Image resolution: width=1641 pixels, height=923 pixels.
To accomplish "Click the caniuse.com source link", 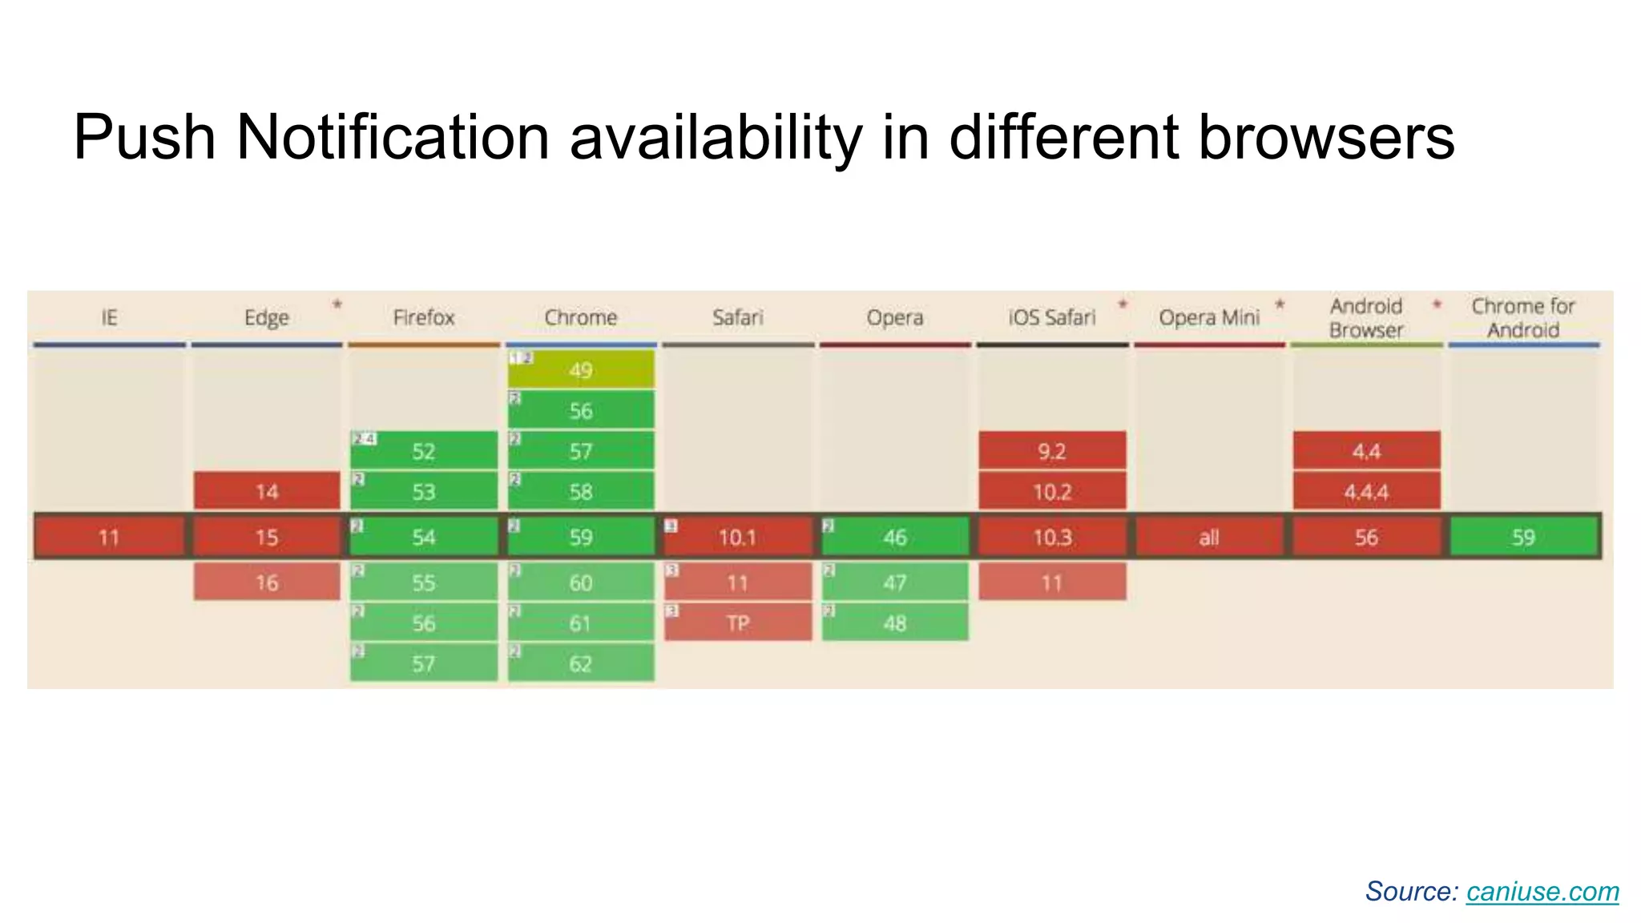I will tap(1542, 892).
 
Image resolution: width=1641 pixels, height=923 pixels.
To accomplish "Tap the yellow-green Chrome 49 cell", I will tap(581, 369).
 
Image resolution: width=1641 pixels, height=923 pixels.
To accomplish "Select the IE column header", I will tap(110, 318).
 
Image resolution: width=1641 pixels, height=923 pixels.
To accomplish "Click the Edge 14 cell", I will tap(267, 491).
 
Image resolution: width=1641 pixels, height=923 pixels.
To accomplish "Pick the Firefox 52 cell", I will tap(424, 451).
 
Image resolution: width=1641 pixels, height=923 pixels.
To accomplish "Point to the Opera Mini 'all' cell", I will tap(1209, 537).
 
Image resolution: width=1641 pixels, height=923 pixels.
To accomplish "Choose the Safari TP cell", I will tap(738, 623).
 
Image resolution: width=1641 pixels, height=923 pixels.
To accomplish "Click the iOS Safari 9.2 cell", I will tap(1052, 451).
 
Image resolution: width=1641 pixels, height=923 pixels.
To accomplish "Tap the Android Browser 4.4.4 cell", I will tap(1366, 491).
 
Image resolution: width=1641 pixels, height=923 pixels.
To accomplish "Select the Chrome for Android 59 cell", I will tap(1523, 537).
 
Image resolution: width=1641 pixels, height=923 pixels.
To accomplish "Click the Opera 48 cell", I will tap(895, 623).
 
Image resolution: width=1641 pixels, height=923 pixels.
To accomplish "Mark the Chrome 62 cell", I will tap(581, 663).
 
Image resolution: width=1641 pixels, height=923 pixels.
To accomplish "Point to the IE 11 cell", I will tap(110, 537).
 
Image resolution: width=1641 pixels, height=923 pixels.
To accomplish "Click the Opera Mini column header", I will tap(1209, 318).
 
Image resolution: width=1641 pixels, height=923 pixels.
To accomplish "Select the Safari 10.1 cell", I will tap(738, 537).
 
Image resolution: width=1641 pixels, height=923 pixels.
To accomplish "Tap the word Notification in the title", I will tap(393, 137).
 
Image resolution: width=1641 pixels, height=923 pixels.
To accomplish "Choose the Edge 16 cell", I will tap(267, 582).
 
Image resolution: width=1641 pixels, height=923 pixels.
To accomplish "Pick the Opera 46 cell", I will tap(895, 537).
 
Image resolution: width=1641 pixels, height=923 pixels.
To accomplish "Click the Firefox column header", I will tap(424, 318).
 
